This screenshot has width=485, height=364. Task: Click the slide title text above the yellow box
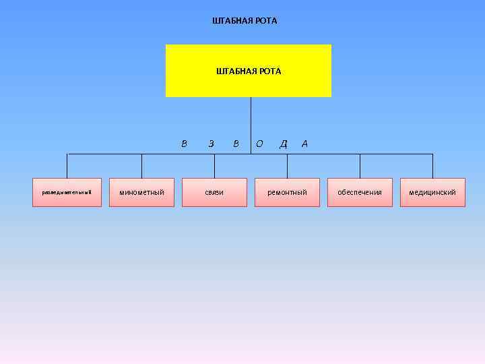pyautogui.click(x=244, y=21)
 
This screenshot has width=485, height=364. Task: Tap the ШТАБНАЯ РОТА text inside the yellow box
pyautogui.click(x=249, y=71)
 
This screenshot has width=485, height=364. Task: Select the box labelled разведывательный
pyautogui.click(x=67, y=192)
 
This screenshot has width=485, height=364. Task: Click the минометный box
pyautogui.click(x=141, y=192)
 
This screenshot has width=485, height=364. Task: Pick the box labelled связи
pyautogui.click(x=214, y=192)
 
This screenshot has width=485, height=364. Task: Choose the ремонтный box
pyautogui.click(x=287, y=192)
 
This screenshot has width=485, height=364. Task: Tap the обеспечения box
pyautogui.click(x=360, y=192)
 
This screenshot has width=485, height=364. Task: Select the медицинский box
pyautogui.click(x=432, y=192)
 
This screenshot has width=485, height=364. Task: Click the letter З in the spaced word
pyautogui.click(x=211, y=143)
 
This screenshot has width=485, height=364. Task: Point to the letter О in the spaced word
pyautogui.click(x=260, y=143)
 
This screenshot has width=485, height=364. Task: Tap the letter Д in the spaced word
pyautogui.click(x=284, y=143)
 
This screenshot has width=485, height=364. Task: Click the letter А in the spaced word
pyautogui.click(x=305, y=143)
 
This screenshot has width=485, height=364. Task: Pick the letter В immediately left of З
pyautogui.click(x=185, y=143)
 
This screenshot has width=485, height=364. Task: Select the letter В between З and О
pyautogui.click(x=235, y=143)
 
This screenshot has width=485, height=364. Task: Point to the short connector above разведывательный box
pyautogui.click(x=67, y=166)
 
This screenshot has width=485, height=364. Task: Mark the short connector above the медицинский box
pyautogui.click(x=432, y=166)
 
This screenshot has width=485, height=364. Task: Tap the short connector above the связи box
pyautogui.click(x=214, y=166)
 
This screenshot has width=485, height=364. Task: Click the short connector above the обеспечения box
pyautogui.click(x=360, y=166)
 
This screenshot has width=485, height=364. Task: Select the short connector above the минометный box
pyautogui.click(x=141, y=166)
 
